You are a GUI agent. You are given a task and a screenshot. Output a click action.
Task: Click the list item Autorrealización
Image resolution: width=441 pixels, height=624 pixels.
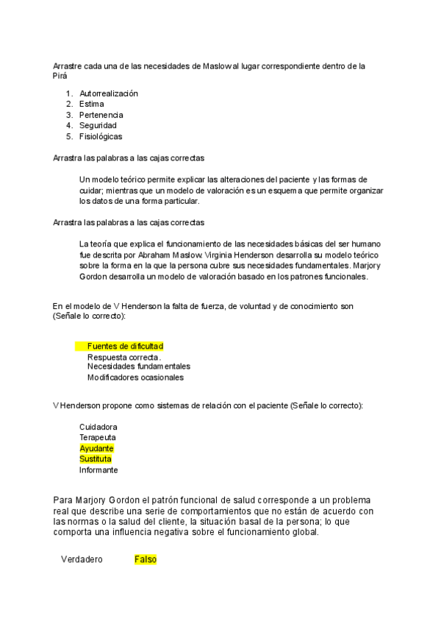(x=108, y=93)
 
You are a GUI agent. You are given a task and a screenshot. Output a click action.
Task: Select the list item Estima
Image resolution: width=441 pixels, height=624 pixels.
(x=91, y=104)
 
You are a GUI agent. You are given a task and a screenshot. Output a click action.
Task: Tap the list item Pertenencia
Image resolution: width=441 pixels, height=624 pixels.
(x=101, y=115)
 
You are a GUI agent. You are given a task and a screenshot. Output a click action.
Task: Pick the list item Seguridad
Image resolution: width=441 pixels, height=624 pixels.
(x=98, y=126)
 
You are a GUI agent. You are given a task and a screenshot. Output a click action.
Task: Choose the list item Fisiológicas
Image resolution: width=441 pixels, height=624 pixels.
(x=101, y=136)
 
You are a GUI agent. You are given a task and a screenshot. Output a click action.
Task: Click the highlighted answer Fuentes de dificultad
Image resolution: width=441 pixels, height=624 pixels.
(x=124, y=346)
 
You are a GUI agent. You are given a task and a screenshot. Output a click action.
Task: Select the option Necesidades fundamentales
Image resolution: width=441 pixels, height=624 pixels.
(x=138, y=366)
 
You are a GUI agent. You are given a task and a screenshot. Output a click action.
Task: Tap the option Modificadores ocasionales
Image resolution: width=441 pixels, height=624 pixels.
(x=135, y=377)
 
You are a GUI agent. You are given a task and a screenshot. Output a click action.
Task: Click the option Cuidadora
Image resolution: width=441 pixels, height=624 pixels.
(x=98, y=427)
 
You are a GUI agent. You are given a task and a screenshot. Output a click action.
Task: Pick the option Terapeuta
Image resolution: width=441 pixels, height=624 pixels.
(x=97, y=438)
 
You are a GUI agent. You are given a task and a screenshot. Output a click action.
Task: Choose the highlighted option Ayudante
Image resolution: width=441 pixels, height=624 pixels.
(x=96, y=448)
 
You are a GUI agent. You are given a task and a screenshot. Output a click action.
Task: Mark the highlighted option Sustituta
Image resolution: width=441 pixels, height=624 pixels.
(x=96, y=459)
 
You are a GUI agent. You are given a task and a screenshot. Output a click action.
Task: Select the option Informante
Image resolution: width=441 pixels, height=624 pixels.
(x=98, y=469)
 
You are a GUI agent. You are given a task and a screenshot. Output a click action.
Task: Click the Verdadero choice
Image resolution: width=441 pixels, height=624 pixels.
(x=82, y=559)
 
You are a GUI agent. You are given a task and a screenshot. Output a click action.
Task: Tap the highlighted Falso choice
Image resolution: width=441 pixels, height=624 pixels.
(x=146, y=559)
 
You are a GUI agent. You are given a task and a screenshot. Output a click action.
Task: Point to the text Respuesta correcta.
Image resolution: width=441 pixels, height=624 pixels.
(x=123, y=357)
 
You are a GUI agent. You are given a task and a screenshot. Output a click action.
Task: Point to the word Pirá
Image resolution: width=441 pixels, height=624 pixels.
(x=60, y=76)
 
